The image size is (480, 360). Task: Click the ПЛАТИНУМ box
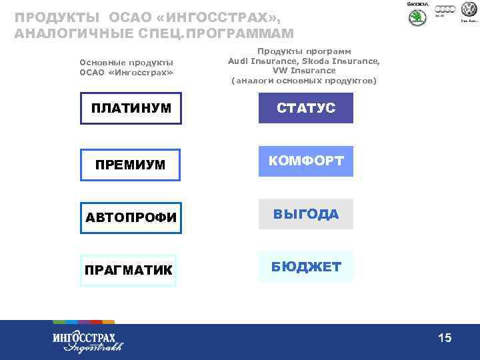[x=131, y=109]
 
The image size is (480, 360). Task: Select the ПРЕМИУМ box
[x=131, y=164]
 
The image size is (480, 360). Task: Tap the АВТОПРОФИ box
[x=131, y=217]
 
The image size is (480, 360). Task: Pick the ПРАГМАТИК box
[x=128, y=270]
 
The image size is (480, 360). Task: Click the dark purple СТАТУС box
[x=306, y=108]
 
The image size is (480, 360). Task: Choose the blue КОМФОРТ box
[x=306, y=161]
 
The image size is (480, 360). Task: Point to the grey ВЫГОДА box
[x=306, y=214]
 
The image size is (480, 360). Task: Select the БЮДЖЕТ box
[x=306, y=267]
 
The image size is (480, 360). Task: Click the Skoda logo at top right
[x=418, y=14]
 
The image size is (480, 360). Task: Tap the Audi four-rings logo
[x=445, y=9]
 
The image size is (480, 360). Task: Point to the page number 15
[x=445, y=339]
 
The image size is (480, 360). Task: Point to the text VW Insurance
[x=304, y=71]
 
